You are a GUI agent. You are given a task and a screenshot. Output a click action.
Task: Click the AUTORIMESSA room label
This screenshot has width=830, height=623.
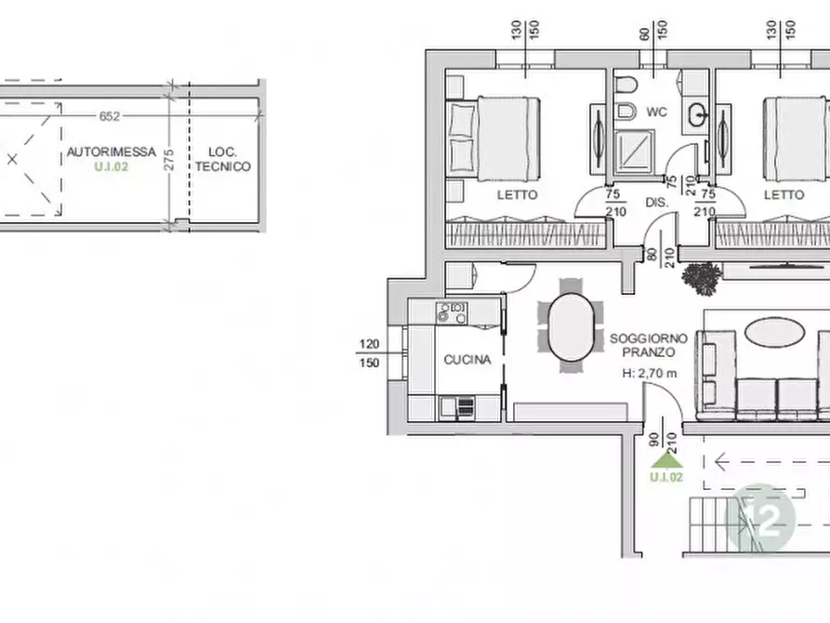tap(112, 152)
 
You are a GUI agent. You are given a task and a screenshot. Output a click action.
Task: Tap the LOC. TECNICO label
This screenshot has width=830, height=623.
tap(222, 159)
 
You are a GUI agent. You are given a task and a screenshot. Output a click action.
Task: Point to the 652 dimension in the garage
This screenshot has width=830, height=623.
tap(110, 116)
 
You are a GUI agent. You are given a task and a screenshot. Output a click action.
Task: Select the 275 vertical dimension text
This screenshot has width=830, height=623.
tap(168, 160)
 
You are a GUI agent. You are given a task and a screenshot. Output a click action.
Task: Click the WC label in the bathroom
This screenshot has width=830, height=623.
tap(656, 112)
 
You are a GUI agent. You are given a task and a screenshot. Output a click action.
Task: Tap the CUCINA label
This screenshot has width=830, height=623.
tap(468, 360)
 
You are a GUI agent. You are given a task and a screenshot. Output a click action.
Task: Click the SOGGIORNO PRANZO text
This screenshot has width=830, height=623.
tap(649, 345)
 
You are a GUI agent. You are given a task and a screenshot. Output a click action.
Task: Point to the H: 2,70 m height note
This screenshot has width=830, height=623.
tap(650, 374)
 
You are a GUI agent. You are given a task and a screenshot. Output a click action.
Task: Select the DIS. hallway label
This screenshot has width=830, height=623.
tap(657, 203)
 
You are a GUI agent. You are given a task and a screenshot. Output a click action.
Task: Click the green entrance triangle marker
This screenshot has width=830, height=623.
tap(666, 461)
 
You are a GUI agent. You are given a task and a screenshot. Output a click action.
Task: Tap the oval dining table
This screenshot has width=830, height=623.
tap(571, 327)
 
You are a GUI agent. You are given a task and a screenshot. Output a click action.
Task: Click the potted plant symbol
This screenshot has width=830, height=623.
tap(702, 278)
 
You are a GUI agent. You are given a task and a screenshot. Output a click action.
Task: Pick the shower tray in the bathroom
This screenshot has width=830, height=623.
tap(635, 152)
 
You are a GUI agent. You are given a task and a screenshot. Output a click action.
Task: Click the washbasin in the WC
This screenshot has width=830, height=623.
tap(696, 114)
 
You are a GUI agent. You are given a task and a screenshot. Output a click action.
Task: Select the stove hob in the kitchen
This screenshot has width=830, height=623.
tap(452, 312)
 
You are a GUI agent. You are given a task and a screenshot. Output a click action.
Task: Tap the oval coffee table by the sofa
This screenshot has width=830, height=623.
tap(774, 333)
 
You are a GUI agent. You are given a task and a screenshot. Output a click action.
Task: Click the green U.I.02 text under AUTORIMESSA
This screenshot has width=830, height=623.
tap(112, 166)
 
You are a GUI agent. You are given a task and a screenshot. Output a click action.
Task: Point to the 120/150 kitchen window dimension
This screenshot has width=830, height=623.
tap(370, 353)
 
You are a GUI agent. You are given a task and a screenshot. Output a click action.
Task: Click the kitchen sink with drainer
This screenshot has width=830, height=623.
tap(456, 408)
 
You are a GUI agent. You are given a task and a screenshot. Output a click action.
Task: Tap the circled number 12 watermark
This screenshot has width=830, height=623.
tap(759, 519)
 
